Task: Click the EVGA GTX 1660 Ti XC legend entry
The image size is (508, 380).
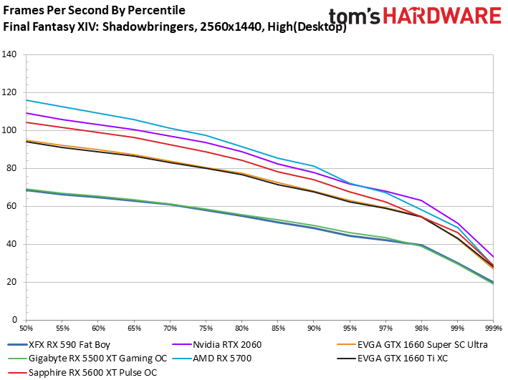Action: [393, 359]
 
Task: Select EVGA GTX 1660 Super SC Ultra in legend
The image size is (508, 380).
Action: [412, 345]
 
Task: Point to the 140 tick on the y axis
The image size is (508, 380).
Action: [9, 54]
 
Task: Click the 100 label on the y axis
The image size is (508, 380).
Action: [9, 130]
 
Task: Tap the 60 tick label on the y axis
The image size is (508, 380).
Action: [11, 206]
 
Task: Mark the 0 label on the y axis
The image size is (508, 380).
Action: [14, 320]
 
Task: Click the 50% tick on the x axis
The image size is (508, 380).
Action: [27, 328]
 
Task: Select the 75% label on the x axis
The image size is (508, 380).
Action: [206, 328]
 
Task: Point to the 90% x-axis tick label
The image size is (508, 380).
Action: [314, 328]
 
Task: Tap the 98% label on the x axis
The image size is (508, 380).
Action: [421, 328]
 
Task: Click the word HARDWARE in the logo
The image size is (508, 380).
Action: [443, 16]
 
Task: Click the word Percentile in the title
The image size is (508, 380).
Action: [156, 10]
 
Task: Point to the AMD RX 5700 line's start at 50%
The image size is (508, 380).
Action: [27, 100]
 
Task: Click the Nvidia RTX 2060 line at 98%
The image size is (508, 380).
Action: [421, 200]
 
